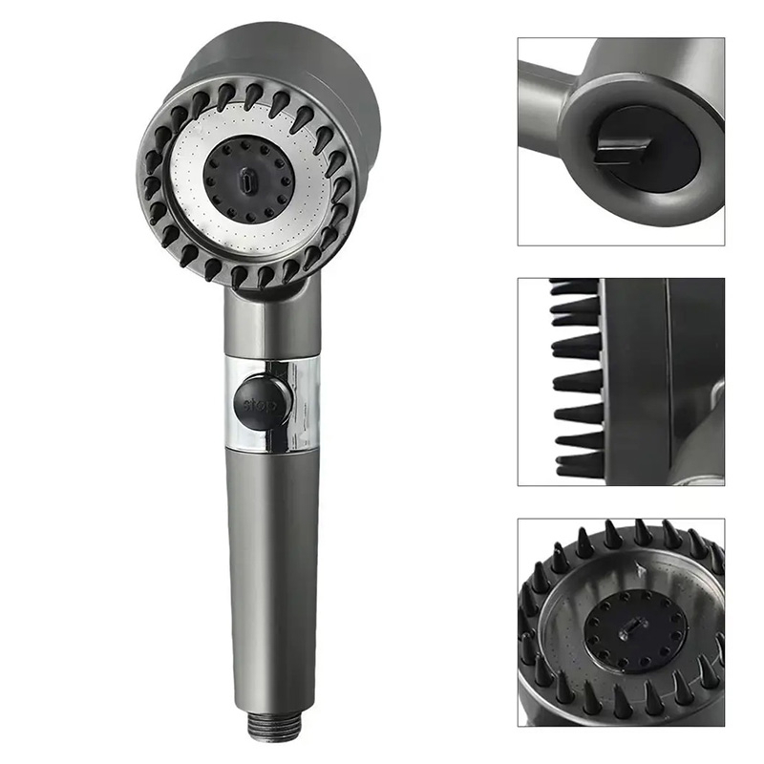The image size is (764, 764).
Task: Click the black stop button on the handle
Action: coord(262,400)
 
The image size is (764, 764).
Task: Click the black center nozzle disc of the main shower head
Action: coord(248,180)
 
